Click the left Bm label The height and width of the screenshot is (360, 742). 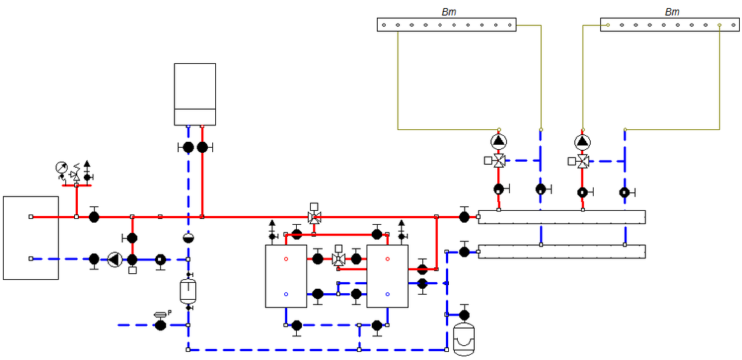[x=449, y=12]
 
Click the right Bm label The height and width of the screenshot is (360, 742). [x=672, y=12]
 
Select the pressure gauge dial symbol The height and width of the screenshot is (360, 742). [x=61, y=167]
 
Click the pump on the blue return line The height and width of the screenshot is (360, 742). [x=114, y=259]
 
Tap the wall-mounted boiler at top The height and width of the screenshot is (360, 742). [x=194, y=94]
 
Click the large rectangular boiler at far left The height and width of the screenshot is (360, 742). [x=30, y=238]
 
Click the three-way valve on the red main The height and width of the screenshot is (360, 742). [x=314, y=217]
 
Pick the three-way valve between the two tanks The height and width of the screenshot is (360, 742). [x=339, y=259]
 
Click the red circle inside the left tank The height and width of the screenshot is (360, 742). [x=286, y=259]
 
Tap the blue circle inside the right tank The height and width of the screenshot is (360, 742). [x=387, y=295]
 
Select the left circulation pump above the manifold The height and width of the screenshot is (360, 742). [x=499, y=141]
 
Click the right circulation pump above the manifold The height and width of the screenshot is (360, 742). [x=582, y=141]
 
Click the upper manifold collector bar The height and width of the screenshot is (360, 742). [x=562, y=217]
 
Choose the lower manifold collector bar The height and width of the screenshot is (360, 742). [x=562, y=252]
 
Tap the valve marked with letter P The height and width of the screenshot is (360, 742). [x=160, y=324]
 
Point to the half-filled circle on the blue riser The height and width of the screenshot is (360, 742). [x=188, y=238]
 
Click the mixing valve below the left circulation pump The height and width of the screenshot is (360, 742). [x=499, y=160]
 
